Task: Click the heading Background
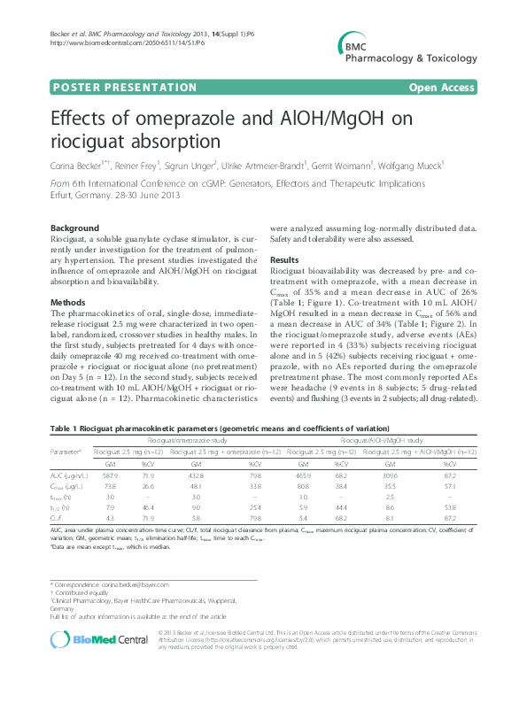pos(75,228)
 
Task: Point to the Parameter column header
pos(66,452)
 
